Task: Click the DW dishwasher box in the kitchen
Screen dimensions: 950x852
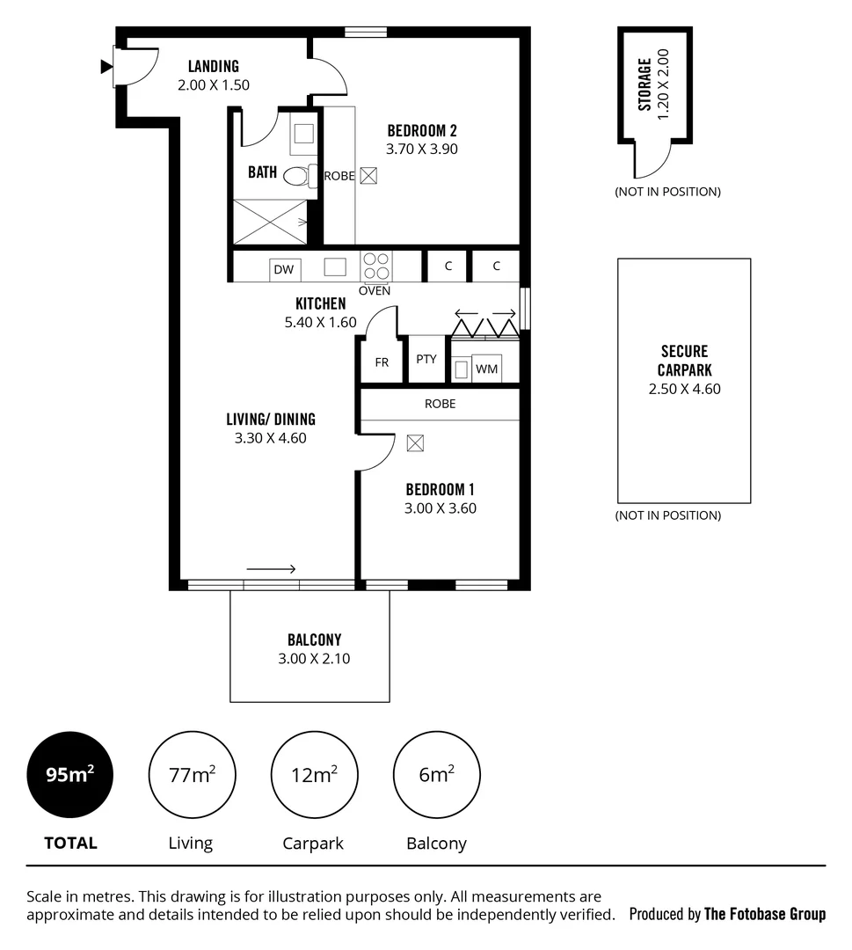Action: click(x=283, y=269)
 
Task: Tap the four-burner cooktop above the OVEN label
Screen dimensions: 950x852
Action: click(x=377, y=267)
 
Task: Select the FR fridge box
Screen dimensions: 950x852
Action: click(x=382, y=362)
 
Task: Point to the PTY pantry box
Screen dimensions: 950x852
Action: click(x=426, y=359)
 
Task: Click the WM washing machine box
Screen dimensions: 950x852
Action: click(x=486, y=369)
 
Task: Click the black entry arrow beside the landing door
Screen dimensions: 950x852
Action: click(x=106, y=65)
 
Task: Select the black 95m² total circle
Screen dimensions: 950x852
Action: click(x=70, y=775)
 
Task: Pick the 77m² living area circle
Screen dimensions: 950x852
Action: click(x=192, y=775)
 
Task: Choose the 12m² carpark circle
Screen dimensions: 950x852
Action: click(x=314, y=775)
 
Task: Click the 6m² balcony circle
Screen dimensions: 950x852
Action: click(x=436, y=775)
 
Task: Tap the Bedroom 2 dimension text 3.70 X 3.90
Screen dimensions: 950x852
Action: click(x=422, y=149)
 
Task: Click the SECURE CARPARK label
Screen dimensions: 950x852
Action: click(x=684, y=361)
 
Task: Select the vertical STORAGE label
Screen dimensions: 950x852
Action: click(x=644, y=84)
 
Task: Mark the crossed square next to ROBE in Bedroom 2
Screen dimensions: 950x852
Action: click(x=368, y=175)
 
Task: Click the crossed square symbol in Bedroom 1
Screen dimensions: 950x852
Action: click(x=415, y=443)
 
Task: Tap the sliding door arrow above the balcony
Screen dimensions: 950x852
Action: click(x=271, y=569)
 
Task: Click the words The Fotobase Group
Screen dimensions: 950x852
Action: click(x=765, y=914)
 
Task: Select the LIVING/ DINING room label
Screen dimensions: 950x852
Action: click(x=270, y=420)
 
